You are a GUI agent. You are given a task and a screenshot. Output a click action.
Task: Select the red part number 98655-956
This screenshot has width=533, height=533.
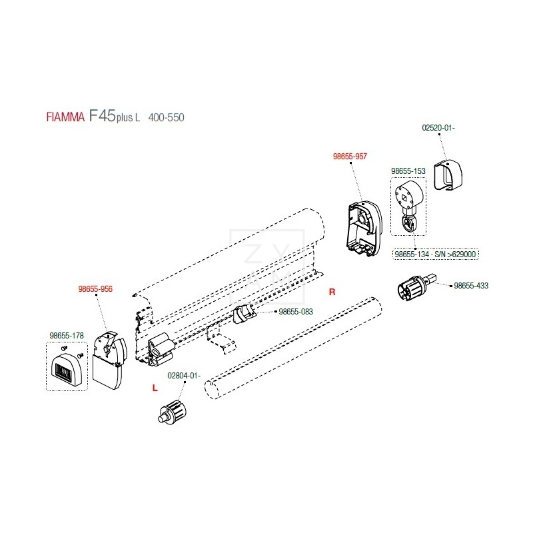95,289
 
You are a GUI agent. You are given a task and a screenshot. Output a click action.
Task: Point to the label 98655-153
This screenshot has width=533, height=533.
408,171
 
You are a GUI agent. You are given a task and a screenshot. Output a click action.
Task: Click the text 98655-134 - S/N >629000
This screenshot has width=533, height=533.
436,255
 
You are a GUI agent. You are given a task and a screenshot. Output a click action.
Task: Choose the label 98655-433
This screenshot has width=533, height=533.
471,285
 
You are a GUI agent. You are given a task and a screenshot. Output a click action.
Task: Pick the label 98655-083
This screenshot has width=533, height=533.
295,311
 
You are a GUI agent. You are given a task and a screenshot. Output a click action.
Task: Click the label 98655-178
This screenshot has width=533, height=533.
66,336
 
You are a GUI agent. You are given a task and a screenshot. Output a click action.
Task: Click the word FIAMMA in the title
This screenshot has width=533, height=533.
65,118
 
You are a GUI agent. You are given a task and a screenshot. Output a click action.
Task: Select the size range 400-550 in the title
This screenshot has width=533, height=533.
166,118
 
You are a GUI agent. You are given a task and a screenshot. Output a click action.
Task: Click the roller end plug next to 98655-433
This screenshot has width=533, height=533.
416,291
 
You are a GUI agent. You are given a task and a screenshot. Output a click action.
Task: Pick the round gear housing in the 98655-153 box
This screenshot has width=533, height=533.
406,196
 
